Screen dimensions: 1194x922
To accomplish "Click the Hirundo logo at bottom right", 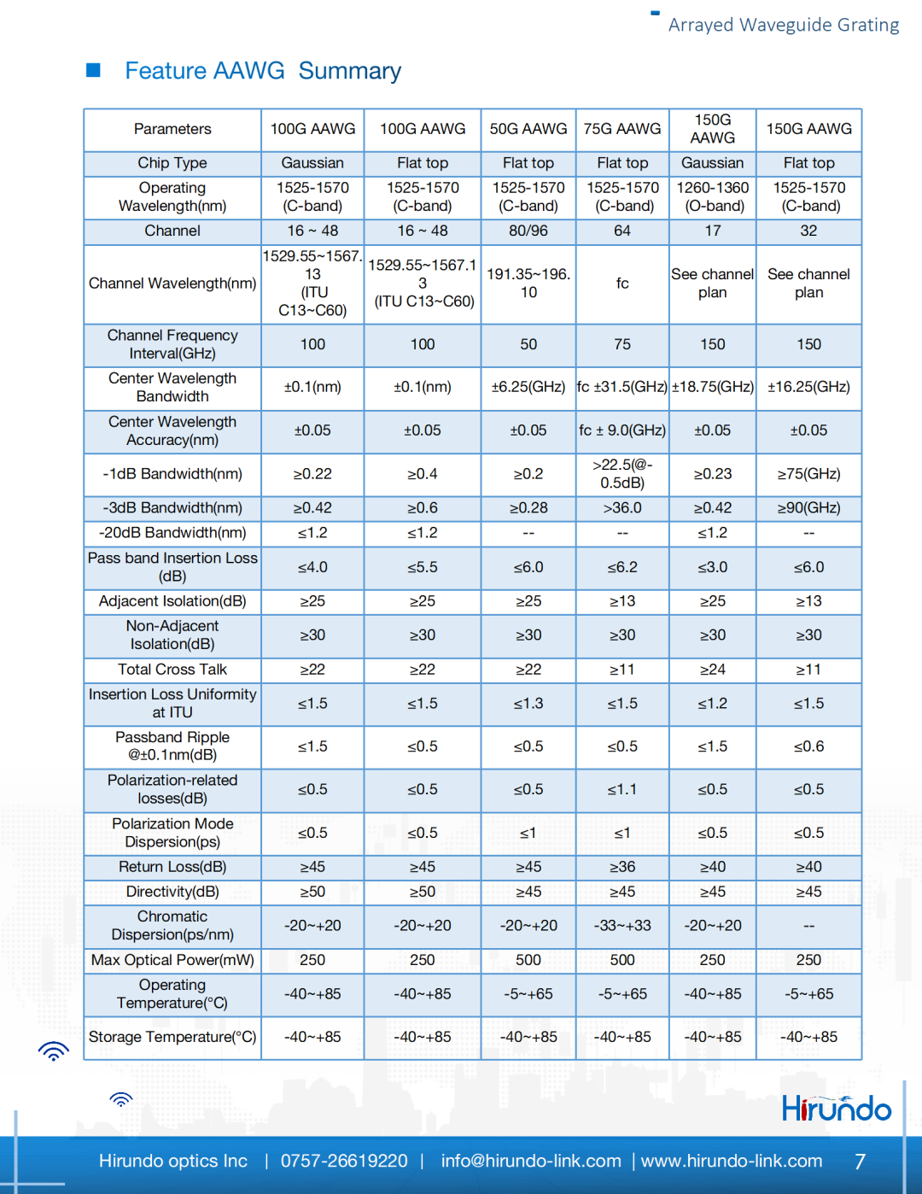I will pos(836,1109).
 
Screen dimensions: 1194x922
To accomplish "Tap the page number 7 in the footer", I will pos(860,1162).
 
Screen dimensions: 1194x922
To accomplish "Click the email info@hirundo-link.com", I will pos(530,1162).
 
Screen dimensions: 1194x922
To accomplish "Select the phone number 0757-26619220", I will pos(344,1162).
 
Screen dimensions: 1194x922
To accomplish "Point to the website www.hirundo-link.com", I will pos(732,1162).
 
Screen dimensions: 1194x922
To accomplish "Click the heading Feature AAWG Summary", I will pos(263,71).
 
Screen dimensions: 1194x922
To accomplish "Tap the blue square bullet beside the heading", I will pos(94,70).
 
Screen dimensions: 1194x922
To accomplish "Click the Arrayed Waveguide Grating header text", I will pos(783,25).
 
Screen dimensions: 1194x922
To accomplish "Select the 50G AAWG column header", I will pos(528,129).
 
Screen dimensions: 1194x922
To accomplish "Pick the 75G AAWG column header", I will pos(622,129).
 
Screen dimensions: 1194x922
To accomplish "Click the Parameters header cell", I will pos(172,129).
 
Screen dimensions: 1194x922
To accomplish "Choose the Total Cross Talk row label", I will pos(172,670).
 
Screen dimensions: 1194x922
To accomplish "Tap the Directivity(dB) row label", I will pos(172,892).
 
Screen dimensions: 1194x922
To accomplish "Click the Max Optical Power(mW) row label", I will pos(172,960).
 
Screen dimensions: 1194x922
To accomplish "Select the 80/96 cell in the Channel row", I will pos(528,231).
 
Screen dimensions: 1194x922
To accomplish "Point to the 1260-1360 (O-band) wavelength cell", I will pos(713,197).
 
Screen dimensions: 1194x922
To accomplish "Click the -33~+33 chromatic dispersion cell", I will pos(622,926).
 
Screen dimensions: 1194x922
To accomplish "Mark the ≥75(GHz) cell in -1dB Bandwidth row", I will pos(808,474).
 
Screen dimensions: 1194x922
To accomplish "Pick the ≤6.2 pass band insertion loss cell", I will pos(622,567).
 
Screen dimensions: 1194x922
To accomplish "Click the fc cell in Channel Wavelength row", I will pos(622,284).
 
